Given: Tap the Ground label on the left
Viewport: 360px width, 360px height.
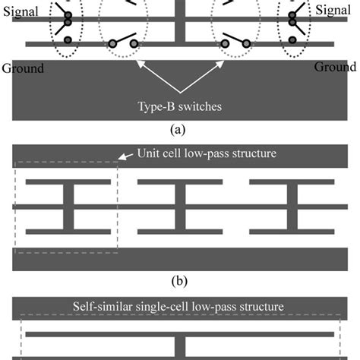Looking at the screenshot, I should point(23,68).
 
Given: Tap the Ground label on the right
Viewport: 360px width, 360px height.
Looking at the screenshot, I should point(334,67).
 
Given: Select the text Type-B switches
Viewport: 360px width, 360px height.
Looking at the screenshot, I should point(179,106).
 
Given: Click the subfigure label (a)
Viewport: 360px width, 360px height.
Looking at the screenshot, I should point(179,128).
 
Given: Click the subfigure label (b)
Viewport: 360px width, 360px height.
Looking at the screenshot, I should point(179,280).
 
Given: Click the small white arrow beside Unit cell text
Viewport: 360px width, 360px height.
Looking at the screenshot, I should point(125,156).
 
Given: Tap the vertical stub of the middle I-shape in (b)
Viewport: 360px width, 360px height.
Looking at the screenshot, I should point(179,206).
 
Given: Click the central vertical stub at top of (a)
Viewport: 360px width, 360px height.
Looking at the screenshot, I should point(179,19).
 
